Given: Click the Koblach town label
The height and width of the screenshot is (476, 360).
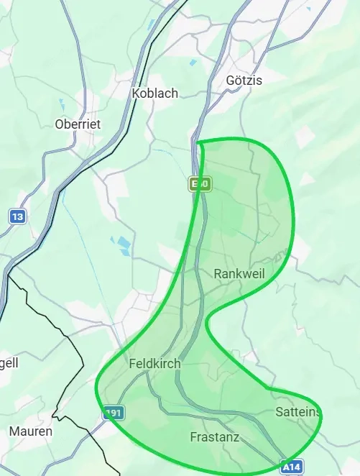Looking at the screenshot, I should point(155,93).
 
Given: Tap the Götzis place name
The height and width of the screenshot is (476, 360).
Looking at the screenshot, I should point(244,80).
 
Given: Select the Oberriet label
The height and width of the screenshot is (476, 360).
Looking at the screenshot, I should point(78,124).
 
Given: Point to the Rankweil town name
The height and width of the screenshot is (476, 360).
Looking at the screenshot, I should point(240,274).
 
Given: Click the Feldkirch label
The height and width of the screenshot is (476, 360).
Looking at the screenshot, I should point(154,364).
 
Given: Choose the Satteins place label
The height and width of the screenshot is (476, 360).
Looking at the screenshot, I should point(298,411).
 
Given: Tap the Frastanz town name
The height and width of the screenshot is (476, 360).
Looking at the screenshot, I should point(214,436).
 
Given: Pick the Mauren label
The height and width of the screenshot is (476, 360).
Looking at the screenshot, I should point(31,431).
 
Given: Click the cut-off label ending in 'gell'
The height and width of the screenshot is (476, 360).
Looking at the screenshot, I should point(9,362).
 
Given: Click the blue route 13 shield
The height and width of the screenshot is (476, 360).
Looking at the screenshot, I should point(17,215).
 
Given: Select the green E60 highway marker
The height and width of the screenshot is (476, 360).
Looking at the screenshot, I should point(200,184).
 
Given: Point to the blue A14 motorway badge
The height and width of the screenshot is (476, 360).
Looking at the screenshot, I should point(292,466).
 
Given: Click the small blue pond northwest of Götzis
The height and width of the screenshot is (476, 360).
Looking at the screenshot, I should point(193,63).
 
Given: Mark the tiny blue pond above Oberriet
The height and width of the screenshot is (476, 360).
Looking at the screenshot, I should point(62,103).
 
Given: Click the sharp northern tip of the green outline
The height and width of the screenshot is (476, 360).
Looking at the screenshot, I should point(198,142).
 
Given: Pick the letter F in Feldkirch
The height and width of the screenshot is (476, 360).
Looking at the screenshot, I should point(132,364).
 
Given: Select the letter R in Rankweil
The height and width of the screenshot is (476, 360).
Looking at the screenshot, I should point(218,274).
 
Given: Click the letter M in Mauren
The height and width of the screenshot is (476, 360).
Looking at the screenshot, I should point(14,431).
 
